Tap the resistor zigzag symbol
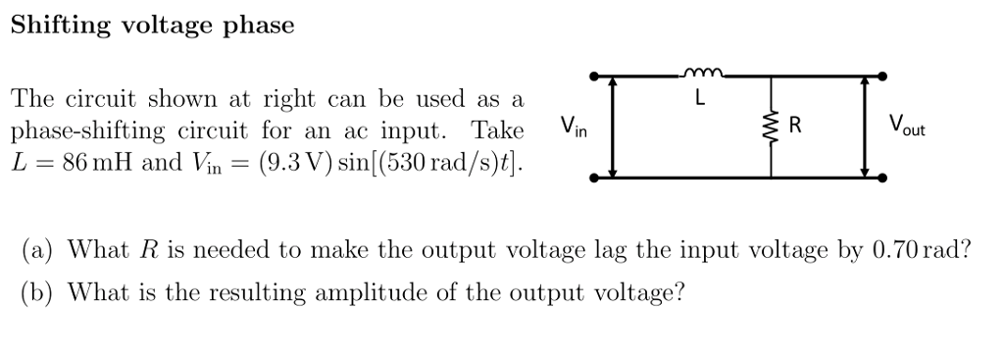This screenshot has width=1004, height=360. pos(771,127)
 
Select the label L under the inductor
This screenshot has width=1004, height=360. pos(699,98)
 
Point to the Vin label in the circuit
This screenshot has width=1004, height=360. pos(574,127)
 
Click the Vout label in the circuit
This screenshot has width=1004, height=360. pos(907,127)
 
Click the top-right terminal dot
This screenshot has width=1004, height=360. pos(884,76)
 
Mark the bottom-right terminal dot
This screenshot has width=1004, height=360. pos(884,179)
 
